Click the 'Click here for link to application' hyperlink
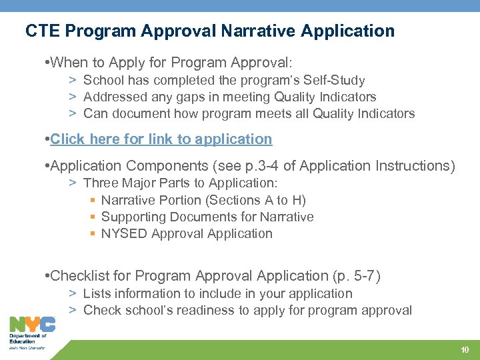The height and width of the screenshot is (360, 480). point(161,139)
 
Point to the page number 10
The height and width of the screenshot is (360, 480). point(465,350)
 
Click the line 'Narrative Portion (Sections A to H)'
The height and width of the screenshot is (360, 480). point(203,200)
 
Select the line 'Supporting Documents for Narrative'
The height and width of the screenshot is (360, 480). point(207,217)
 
